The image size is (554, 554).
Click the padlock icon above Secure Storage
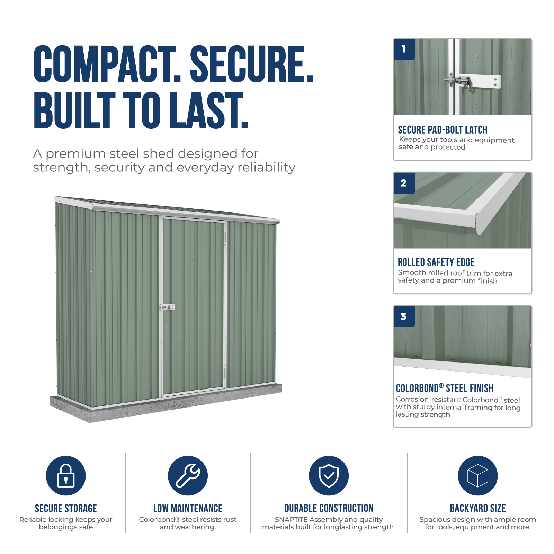pyautogui.click(x=66, y=475)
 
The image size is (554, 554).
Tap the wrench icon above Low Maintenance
pyautogui.click(x=188, y=475)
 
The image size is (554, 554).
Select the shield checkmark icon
pyautogui.click(x=329, y=475)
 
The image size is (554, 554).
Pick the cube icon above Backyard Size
pyautogui.click(x=477, y=475)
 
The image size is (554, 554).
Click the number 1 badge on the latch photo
pyautogui.click(x=404, y=50)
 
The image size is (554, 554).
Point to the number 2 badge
pyautogui.click(x=404, y=183)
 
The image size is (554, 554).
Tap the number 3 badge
pyautogui.click(x=404, y=317)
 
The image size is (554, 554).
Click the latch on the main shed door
pyautogui.click(x=167, y=307)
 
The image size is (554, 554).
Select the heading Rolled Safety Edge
pyautogui.click(x=436, y=262)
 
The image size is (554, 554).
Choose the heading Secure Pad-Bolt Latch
pyautogui.click(x=443, y=130)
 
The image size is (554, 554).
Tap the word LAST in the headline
pyautogui.click(x=209, y=110)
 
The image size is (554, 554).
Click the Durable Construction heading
pyautogui.click(x=329, y=508)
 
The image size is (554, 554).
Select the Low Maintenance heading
pyautogui.click(x=188, y=508)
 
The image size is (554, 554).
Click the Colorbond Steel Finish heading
pyautogui.click(x=445, y=388)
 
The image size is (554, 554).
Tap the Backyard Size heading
pyautogui.click(x=478, y=508)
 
